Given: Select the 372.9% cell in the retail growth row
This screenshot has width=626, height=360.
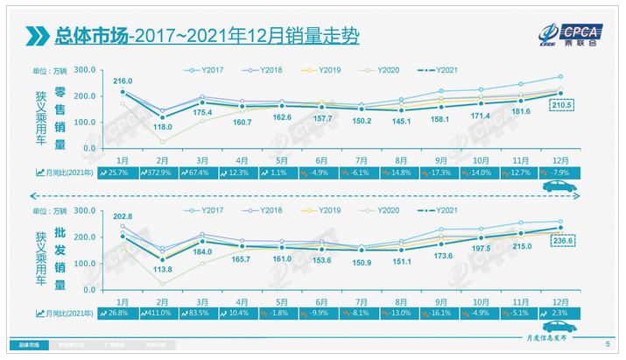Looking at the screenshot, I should [x=175, y=173].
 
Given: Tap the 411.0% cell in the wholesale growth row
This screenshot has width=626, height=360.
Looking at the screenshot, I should [x=175, y=312].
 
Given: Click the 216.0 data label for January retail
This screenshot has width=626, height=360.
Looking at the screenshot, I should [x=122, y=81].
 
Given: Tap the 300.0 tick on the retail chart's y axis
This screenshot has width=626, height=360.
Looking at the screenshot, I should [x=85, y=70].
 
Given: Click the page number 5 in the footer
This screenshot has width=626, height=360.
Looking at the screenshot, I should [x=608, y=345].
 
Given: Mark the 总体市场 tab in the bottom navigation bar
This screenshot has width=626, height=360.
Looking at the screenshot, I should [x=30, y=346].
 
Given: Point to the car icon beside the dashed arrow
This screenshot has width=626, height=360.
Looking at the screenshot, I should [x=553, y=187].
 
